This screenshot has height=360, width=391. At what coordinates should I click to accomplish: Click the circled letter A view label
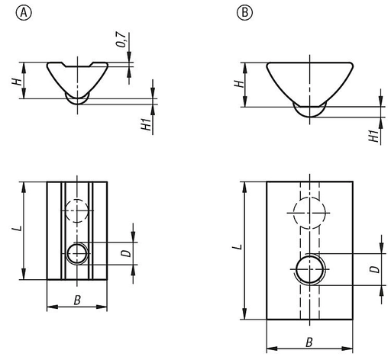tap(24, 12)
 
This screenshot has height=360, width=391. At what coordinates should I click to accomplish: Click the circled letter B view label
tap(244, 12)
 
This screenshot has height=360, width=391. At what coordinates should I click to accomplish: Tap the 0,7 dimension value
tap(121, 40)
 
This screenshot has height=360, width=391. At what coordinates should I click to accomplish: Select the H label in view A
tap(17, 82)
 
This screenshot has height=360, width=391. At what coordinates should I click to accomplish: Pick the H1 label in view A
tap(147, 123)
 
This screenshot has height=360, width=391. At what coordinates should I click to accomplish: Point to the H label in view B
tap(239, 84)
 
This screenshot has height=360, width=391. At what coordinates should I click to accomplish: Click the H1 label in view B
tap(374, 135)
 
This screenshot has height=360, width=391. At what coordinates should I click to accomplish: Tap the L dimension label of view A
tap(18, 228)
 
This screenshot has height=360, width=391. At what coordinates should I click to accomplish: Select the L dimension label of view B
tap(238, 247)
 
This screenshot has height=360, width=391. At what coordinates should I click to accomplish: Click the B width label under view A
tap(77, 300)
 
